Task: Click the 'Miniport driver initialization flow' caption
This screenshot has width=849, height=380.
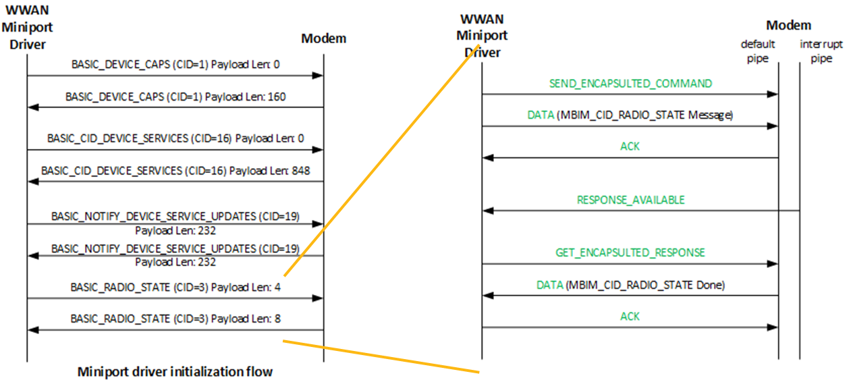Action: pyautogui.click(x=175, y=371)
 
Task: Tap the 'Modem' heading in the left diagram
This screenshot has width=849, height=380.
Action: pyautogui.click(x=323, y=38)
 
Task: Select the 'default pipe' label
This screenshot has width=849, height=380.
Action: pyautogui.click(x=758, y=49)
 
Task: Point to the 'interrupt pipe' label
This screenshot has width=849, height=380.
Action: pyautogui.click(x=816, y=49)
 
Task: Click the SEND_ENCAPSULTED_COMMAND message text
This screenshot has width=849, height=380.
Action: pyautogui.click(x=630, y=84)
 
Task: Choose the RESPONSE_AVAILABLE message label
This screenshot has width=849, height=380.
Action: pyautogui.click(x=630, y=200)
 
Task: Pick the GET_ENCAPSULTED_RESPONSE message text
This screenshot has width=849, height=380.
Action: pyautogui.click(x=630, y=252)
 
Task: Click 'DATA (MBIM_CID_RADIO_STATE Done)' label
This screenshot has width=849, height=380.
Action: pyautogui.click(x=630, y=285)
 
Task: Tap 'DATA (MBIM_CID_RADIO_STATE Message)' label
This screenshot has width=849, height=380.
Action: pyautogui.click(x=630, y=115)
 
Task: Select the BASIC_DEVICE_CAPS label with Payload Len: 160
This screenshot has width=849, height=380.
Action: pyautogui.click(x=175, y=97)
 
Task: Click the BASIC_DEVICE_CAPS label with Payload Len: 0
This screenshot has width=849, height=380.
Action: pyautogui.click(x=175, y=65)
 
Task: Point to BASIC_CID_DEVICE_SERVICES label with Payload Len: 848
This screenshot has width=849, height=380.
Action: pyautogui.click(x=175, y=171)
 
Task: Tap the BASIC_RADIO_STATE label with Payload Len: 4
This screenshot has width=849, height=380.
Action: pyautogui.click(x=175, y=287)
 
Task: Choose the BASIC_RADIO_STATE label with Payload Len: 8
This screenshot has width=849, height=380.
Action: pyautogui.click(x=175, y=319)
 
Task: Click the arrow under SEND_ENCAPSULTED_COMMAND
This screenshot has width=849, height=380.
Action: pyautogui.click(x=630, y=94)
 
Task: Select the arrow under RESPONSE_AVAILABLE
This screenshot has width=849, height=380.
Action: pyautogui.click(x=641, y=211)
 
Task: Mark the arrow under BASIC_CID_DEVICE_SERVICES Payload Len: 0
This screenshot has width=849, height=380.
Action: pyautogui.click(x=175, y=150)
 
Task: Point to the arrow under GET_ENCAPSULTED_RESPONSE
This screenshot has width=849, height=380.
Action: pyautogui.click(x=630, y=263)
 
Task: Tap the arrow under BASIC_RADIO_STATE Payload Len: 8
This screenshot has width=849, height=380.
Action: pyautogui.click(x=175, y=330)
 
